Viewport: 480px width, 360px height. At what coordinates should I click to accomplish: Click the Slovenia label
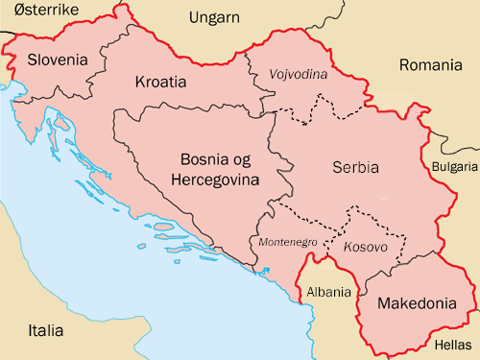58,60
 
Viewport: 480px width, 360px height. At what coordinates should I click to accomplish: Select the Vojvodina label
299,74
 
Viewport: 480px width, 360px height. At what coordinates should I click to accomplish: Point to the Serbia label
354,167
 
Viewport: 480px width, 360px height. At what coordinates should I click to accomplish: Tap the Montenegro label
287,243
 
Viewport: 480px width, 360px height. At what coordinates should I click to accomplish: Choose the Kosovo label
365,247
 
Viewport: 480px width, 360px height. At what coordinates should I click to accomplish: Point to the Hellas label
453,342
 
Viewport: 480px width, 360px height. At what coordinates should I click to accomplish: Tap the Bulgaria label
456,166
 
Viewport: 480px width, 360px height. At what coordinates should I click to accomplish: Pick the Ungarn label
215,17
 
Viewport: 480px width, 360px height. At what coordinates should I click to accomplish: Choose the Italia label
46,331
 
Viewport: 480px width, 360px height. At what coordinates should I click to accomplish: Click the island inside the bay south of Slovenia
61,122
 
